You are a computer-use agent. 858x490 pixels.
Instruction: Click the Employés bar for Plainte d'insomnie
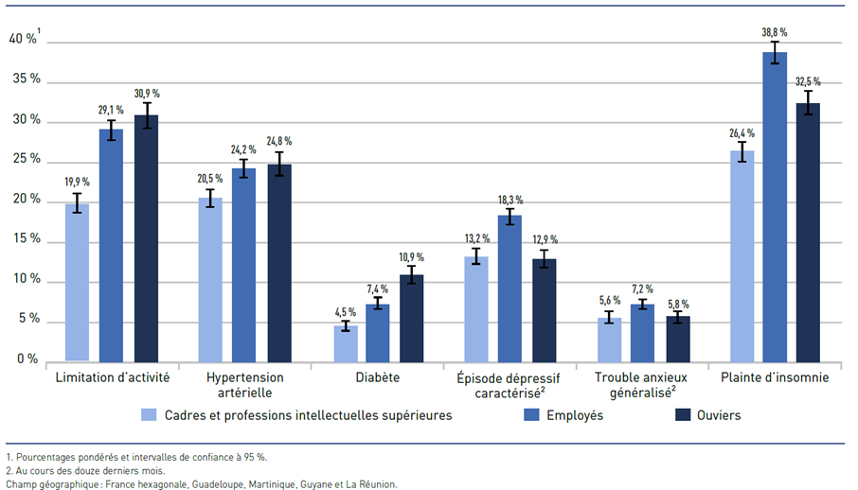point(775,208)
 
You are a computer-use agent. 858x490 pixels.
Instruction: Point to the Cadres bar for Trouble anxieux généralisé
point(610,340)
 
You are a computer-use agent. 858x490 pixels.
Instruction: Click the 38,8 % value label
point(775,32)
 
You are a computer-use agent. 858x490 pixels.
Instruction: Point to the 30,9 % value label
point(147,94)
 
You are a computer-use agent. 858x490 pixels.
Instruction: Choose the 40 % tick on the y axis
point(24,39)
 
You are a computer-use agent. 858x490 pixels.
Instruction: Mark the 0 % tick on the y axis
point(27,359)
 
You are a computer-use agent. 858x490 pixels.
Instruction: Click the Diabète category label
point(378,377)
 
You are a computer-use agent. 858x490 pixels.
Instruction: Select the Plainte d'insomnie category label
point(774,377)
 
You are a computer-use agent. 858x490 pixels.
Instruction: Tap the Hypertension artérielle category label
point(244,384)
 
